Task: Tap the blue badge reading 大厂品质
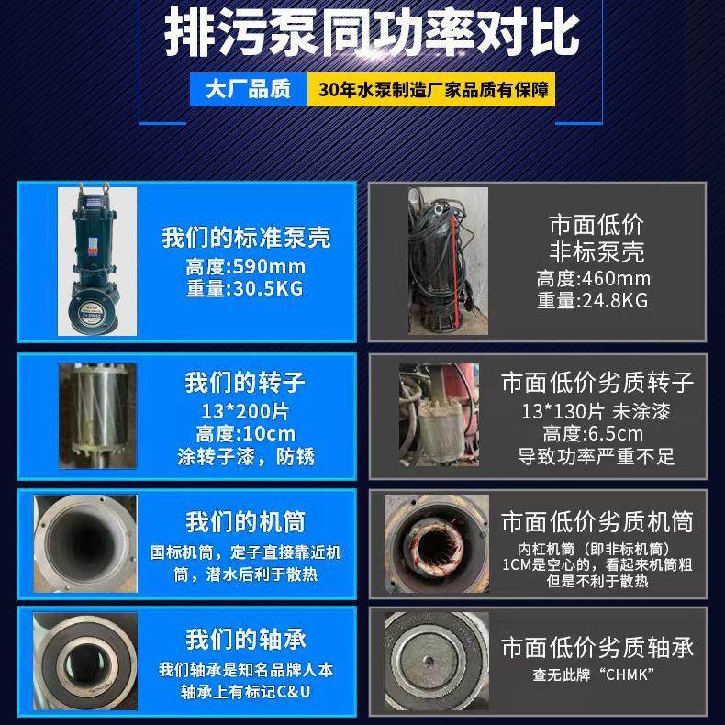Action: coord(247,90)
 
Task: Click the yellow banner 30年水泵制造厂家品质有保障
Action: coord(430,91)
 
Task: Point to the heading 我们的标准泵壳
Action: coord(246,239)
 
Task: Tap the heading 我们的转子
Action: coord(246,382)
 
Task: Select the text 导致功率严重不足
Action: coord(597,454)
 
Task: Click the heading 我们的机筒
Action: coord(246,523)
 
